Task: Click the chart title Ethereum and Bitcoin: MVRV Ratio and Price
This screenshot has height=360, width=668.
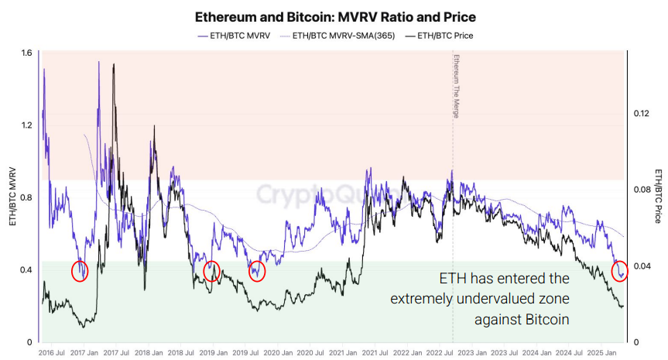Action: coord(334,16)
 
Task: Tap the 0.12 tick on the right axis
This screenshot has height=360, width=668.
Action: coord(641,114)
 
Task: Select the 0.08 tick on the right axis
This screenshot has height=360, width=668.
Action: coord(641,190)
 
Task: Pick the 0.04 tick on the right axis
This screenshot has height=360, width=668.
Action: coord(641,266)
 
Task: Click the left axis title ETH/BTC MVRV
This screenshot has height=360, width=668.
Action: coord(12,197)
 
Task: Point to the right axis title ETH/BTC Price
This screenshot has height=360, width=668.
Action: coord(658,197)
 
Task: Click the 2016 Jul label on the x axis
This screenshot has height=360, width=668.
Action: coord(51,352)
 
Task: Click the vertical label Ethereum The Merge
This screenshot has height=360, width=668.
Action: coord(456,86)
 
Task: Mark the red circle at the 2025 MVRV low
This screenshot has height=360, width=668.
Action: coord(620,272)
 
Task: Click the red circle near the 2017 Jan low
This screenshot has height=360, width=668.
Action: coord(80,271)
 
